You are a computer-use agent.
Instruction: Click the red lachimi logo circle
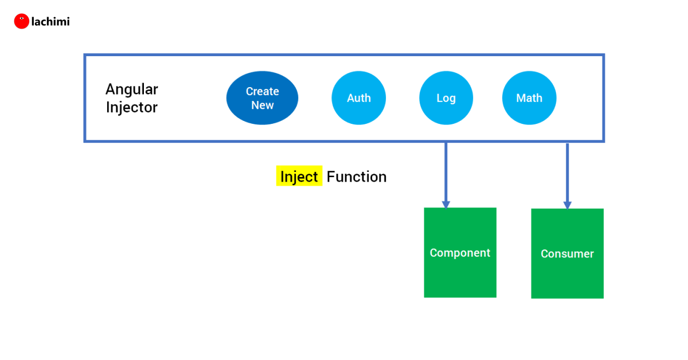point(22,21)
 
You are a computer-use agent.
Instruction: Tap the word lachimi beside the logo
point(50,22)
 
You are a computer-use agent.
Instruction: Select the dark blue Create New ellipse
point(263,98)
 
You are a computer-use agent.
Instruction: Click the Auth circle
point(359,98)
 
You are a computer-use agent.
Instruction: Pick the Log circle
point(446,98)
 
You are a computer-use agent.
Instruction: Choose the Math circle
point(529,98)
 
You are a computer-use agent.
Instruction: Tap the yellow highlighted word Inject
point(299,176)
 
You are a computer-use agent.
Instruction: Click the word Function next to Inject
point(357,177)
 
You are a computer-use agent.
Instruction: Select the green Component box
point(460,252)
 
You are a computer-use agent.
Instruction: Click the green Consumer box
point(567,253)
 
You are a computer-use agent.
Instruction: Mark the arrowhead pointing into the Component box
point(446,205)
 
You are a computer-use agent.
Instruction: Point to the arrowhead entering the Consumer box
point(567,205)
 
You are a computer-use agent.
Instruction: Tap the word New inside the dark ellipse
point(263,105)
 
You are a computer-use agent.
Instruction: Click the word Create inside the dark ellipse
point(263,91)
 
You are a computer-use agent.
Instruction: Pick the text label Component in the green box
point(460,253)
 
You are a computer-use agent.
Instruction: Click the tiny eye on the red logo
point(22,18)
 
